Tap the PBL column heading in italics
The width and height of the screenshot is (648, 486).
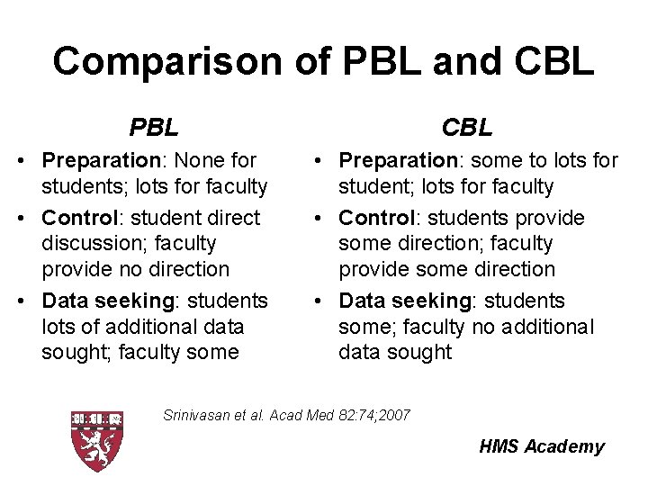(154, 128)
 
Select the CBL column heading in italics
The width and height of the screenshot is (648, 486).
(468, 128)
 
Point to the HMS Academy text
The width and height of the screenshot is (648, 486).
(542, 446)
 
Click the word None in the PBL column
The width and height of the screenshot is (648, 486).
(201, 161)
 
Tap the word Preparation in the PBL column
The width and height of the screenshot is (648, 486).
(100, 161)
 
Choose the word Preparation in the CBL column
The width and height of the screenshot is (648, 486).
(397, 161)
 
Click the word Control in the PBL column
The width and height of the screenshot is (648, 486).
(80, 218)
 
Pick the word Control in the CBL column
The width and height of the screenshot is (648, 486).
(377, 218)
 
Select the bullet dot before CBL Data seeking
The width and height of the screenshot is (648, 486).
(322, 301)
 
